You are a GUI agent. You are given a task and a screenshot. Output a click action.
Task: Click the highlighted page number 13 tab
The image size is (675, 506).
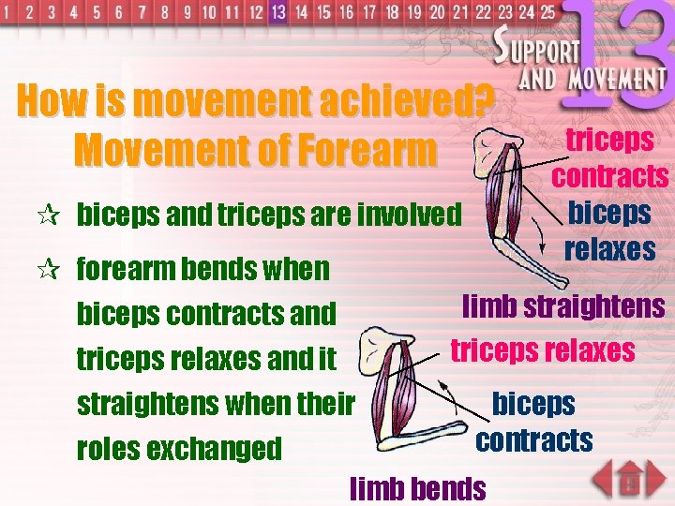click(x=277, y=12)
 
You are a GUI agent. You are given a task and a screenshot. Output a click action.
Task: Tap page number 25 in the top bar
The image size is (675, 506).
click(x=546, y=12)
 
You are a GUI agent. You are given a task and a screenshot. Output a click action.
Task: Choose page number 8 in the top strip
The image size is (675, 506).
click(x=166, y=12)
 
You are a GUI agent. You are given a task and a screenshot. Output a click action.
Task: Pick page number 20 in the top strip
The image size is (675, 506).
click(x=437, y=12)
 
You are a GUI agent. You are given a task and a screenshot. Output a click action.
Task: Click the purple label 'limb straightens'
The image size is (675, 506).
click(x=563, y=306)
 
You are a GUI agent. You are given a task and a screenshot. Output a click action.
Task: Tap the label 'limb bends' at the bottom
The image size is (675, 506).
click(x=417, y=487)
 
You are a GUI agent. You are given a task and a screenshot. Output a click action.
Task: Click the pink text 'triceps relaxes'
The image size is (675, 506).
click(x=543, y=350)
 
